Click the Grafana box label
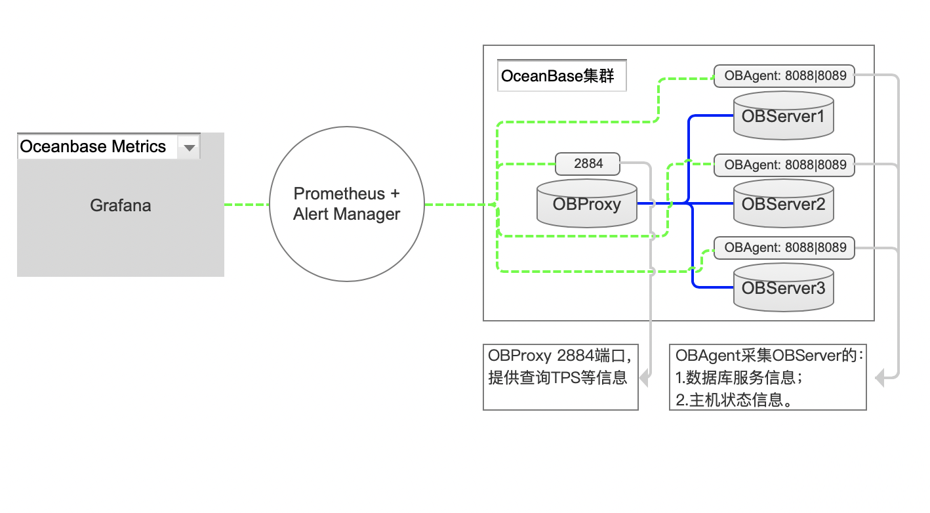point(121,205)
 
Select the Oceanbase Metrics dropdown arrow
point(189,148)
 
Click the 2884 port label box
point(588,163)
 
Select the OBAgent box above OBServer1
point(784,75)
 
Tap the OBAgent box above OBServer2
point(784,165)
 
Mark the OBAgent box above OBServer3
point(784,248)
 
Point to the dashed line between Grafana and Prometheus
point(247,205)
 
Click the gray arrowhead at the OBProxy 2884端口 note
point(644,377)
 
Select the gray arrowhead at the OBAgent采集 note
point(880,378)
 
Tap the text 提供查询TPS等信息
point(558,378)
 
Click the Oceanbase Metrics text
point(93,146)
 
